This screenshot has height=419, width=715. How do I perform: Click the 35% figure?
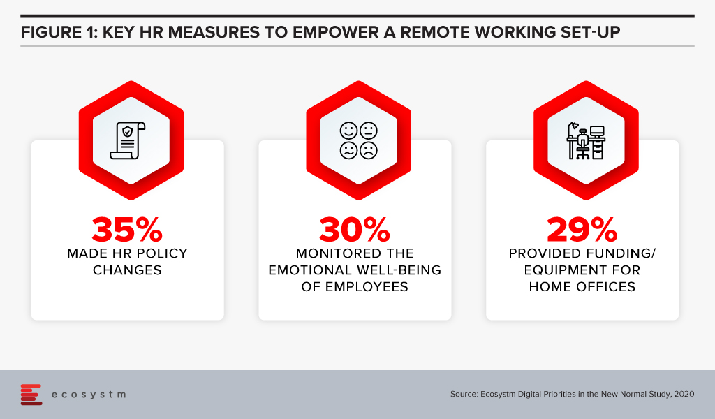coord(127,229)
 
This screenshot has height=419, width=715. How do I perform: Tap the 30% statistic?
coord(355,229)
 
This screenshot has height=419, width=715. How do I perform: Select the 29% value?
coord(582,229)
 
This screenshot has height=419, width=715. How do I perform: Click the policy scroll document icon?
coord(128,140)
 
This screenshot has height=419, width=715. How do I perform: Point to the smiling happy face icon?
coord(349,131)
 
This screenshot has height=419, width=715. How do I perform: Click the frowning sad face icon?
coord(369,150)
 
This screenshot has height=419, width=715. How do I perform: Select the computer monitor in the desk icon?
coord(597,131)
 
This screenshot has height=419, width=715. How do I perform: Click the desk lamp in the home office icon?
coord(573,129)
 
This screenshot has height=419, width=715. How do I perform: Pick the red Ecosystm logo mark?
coord(31,395)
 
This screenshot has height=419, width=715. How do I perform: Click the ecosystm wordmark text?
coord(89,395)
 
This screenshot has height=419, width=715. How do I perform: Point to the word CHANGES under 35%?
coord(127,270)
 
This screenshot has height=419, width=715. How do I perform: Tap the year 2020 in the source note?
coord(684,394)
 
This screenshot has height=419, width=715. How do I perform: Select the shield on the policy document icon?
coord(128,131)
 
